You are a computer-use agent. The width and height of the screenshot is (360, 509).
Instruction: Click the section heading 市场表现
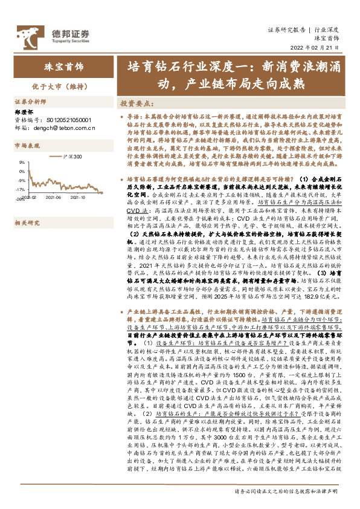pos(26,146)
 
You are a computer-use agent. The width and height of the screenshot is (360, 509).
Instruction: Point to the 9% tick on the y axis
pos(22,162)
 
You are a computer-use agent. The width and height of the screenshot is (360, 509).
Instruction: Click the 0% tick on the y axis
pos(22,171)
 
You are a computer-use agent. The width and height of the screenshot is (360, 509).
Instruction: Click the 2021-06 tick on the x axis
pos(54,196)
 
